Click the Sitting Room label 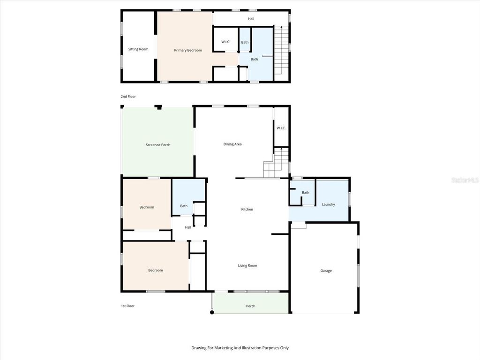[x=138, y=49]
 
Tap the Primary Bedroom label [x=188, y=50]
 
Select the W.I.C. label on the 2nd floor [x=225, y=42]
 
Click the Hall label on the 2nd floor [x=251, y=19]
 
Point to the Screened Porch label [x=158, y=145]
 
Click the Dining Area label [x=232, y=144]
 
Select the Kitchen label [x=247, y=210]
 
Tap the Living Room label [x=247, y=266]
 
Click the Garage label [x=326, y=271]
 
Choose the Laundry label [x=328, y=204]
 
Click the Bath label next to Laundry [x=306, y=193]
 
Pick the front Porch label [x=251, y=306]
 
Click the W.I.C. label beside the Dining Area [x=281, y=128]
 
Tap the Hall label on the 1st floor [x=188, y=227]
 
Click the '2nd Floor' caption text [x=128, y=97]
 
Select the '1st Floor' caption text [x=127, y=306]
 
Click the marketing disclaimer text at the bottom [x=240, y=348]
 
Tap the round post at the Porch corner [x=212, y=312]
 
